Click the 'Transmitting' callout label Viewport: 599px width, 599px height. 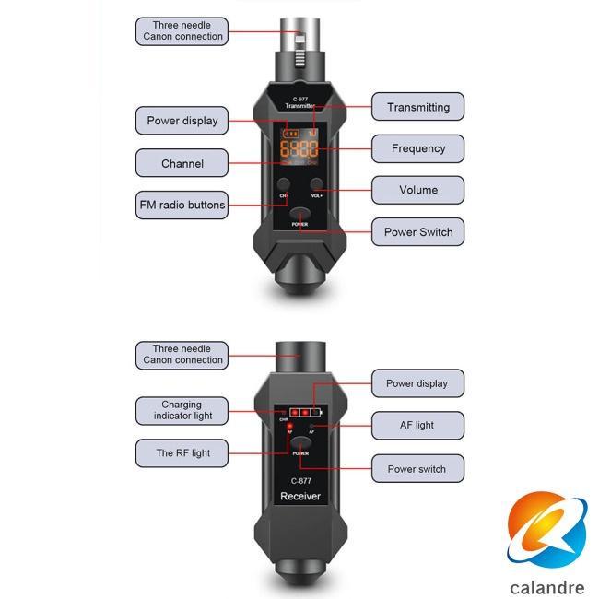[417, 107]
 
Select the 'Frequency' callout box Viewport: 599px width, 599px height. [417, 148]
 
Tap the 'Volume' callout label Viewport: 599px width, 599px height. [417, 190]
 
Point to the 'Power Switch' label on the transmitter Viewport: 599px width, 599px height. [417, 232]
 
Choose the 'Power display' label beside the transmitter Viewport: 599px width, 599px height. [182, 121]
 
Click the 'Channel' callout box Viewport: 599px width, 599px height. [182, 163]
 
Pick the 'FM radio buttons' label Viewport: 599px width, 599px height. [182, 205]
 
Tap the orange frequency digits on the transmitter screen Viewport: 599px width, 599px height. [299, 150]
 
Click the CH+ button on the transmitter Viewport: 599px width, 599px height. [283, 185]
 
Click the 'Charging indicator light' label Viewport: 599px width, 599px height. [182, 410]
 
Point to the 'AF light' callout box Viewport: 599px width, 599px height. [417, 425]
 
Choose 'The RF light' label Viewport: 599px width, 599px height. [182, 453]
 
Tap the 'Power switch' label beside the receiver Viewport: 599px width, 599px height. [417, 468]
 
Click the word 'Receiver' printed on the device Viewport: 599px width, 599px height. [299, 497]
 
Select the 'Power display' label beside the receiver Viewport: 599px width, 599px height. [417, 383]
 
